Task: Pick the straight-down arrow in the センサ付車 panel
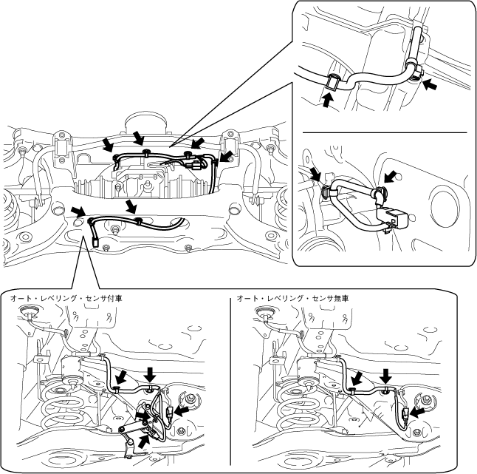(x=150, y=371)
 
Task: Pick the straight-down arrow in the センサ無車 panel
(x=385, y=373)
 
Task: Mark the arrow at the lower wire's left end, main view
(x=77, y=213)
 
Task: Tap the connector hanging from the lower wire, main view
(x=96, y=238)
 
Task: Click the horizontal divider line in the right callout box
(x=385, y=132)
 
